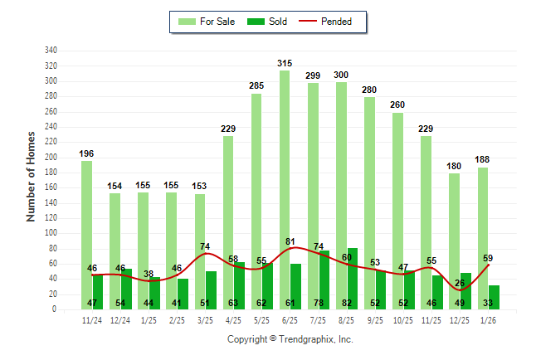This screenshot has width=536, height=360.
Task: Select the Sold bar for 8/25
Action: tap(353, 274)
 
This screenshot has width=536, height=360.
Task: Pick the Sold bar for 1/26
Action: tap(495, 297)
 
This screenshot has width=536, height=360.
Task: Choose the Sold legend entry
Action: tap(269, 22)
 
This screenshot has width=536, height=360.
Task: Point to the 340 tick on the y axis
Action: tap(51, 51)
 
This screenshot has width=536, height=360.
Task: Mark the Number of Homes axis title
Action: tap(31, 176)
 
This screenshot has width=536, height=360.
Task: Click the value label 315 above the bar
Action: tap(285, 63)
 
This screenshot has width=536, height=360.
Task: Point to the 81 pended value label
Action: tap(290, 241)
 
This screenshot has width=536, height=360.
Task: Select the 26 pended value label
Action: tap(459, 284)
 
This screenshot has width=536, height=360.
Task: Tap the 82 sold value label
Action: tap(353, 304)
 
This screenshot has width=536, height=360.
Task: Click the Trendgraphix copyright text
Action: tap(290, 339)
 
